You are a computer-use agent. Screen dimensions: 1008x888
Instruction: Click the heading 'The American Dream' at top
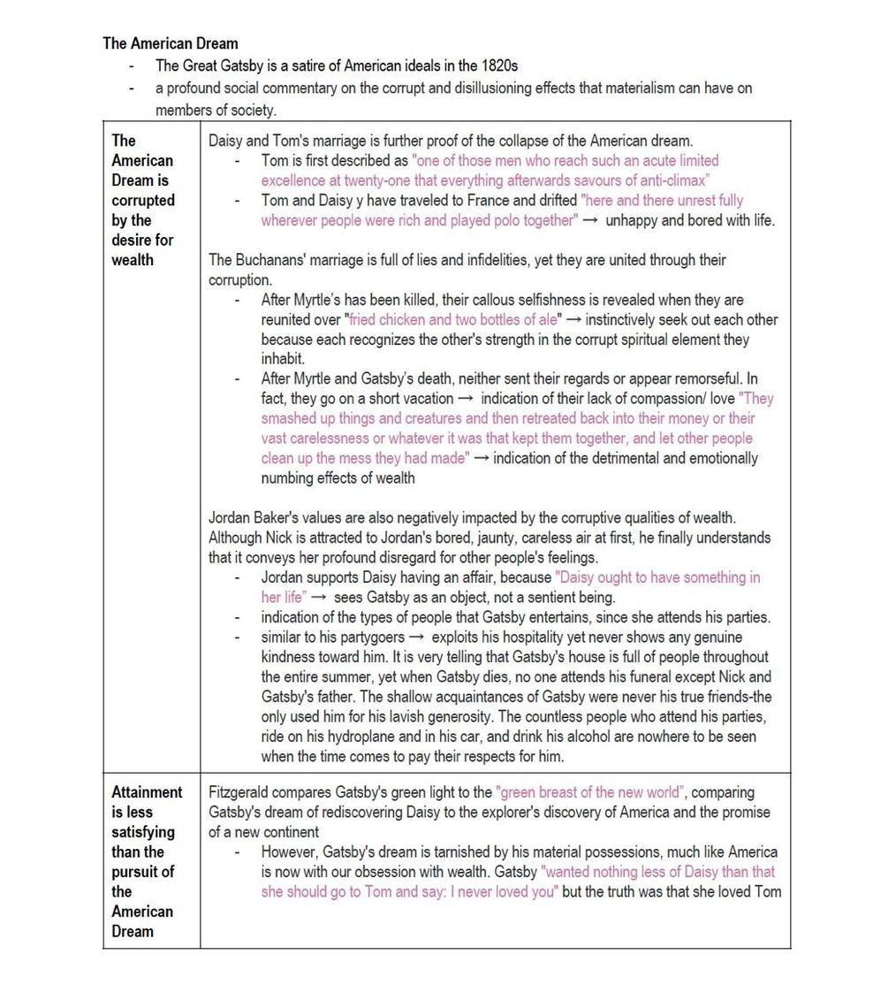pos(170,42)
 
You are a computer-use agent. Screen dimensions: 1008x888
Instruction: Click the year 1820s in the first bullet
pos(497,65)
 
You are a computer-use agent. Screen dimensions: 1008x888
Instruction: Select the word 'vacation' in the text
pos(425,399)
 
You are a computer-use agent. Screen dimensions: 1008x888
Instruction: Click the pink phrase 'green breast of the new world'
pos(590,792)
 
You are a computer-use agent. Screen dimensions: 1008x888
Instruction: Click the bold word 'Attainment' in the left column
pos(147,792)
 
